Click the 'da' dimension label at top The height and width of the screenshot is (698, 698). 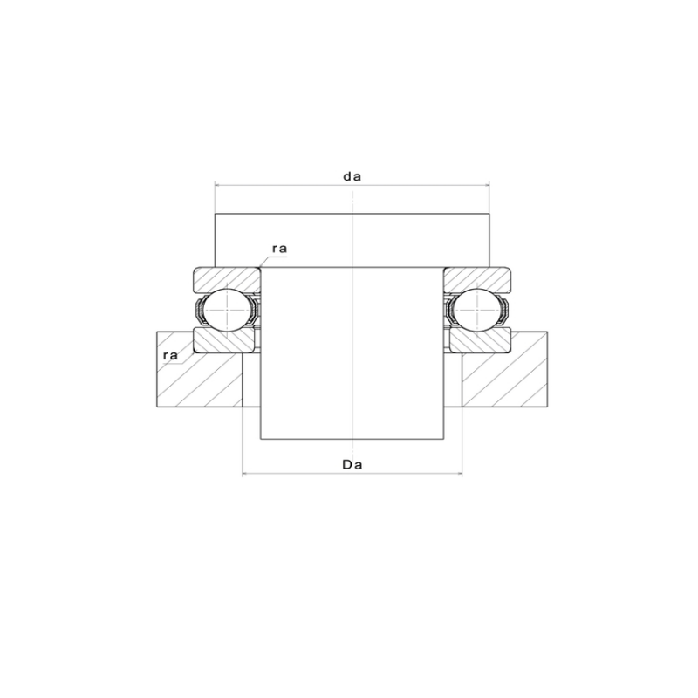pyautogui.click(x=352, y=175)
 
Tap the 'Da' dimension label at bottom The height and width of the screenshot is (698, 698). pyautogui.click(x=352, y=465)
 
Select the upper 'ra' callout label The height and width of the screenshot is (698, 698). pyautogui.click(x=279, y=249)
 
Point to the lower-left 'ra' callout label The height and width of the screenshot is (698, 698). pyautogui.click(x=170, y=356)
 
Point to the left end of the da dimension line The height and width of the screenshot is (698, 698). pyautogui.click(x=216, y=185)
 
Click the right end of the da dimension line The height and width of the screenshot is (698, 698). pyautogui.click(x=489, y=185)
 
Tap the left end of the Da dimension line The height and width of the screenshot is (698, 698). pyautogui.click(x=242, y=475)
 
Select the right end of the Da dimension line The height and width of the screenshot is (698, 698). pyautogui.click(x=462, y=475)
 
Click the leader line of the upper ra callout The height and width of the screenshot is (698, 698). pyautogui.click(x=264, y=259)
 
